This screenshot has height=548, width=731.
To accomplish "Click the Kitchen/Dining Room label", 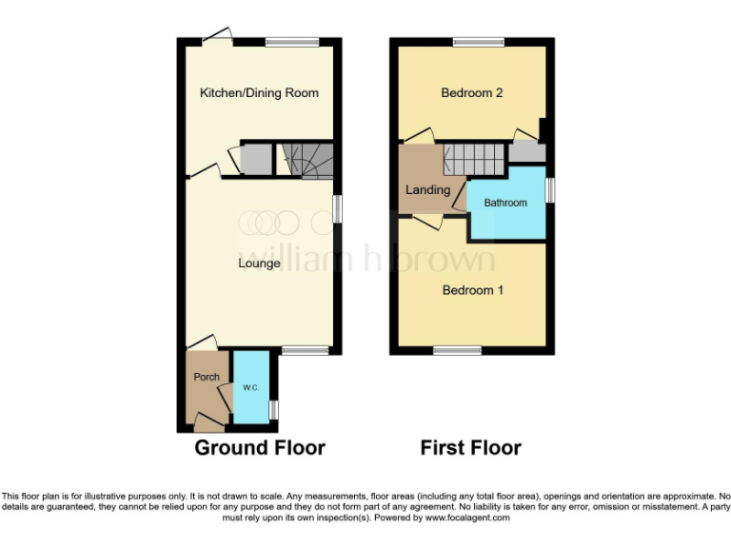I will [259, 93].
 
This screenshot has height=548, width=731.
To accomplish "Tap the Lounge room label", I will [259, 263].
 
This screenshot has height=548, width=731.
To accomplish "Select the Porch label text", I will [207, 377].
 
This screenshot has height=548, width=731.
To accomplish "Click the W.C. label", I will [251, 388].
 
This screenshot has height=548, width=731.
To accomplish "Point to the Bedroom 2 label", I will [472, 93].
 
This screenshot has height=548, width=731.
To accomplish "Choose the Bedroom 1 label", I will [472, 290].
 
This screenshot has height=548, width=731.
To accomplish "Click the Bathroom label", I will [505, 203].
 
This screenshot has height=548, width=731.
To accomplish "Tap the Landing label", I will [427, 190].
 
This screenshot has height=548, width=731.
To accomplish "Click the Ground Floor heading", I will [260, 447].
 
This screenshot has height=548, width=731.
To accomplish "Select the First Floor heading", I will [471, 447].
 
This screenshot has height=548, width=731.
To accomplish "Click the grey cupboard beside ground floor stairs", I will [256, 159].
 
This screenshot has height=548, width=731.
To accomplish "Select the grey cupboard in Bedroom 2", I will [526, 151].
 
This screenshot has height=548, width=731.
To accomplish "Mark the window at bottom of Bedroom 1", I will [457, 350].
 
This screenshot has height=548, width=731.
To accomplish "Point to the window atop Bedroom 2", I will [479, 41].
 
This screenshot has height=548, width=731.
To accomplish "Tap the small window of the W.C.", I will [274, 409].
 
